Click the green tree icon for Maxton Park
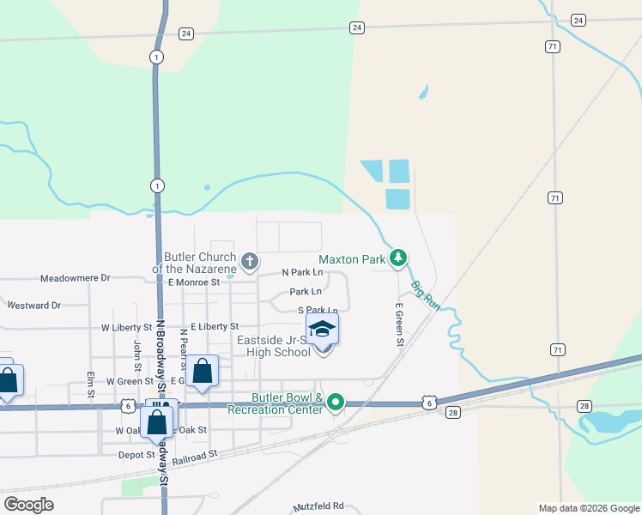[397, 257]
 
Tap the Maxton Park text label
[352, 258]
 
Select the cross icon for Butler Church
[249, 262]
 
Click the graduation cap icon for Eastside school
[322, 330]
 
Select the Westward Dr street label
[33, 305]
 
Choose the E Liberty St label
[215, 326]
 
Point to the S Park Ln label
[318, 310]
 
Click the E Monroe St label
[194, 282]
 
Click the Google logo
[28, 505]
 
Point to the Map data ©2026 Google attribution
[588, 508]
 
